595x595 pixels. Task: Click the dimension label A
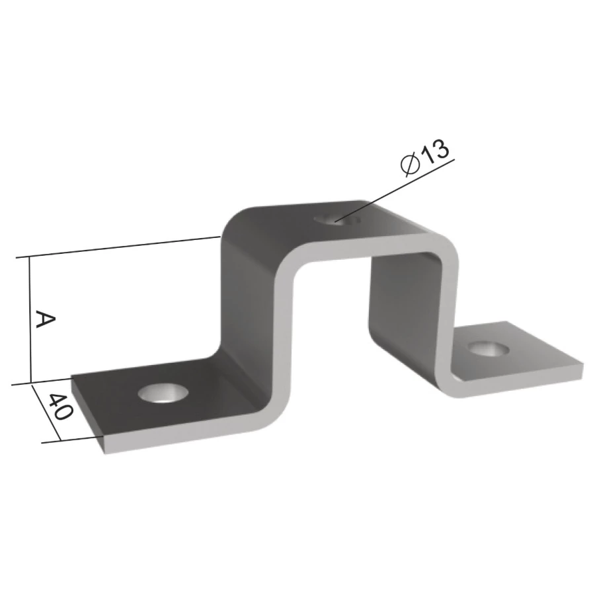[x=45, y=319]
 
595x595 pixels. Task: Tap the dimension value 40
[x=60, y=406]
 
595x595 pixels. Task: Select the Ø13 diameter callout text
[x=425, y=157]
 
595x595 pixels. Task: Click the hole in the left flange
[x=163, y=392]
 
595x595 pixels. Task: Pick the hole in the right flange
[x=487, y=349]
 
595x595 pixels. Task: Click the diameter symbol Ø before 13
[x=409, y=165]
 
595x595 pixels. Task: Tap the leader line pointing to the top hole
[x=395, y=190]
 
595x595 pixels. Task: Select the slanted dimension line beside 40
[x=46, y=413]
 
